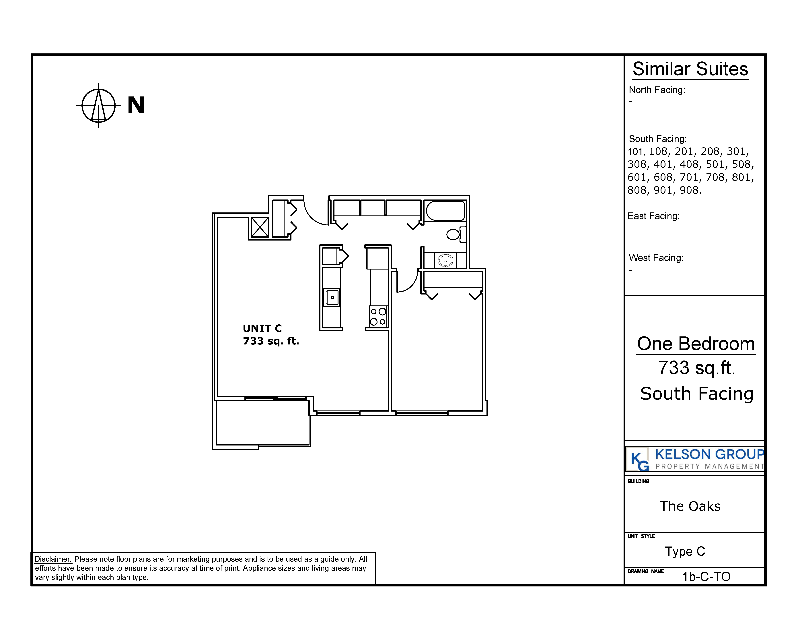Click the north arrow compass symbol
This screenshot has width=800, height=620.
pos(99,106)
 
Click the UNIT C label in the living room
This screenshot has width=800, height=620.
pos(262,328)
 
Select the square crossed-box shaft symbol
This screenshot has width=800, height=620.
pos(260,227)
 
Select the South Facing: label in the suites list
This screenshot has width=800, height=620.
pos(657,139)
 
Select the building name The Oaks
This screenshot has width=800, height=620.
pos(690,506)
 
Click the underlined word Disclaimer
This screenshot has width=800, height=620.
pos(53,559)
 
